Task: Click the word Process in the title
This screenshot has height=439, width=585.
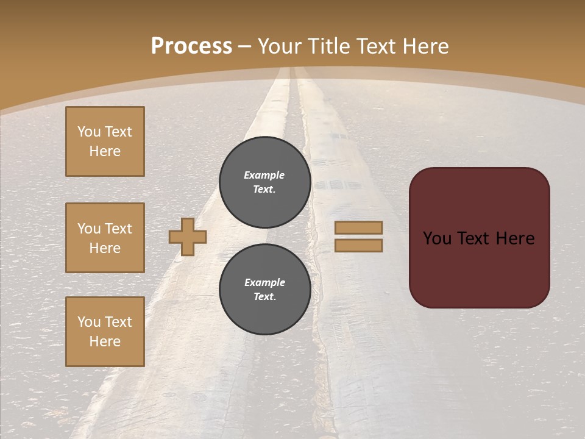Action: (191, 46)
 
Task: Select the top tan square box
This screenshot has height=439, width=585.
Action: (105, 141)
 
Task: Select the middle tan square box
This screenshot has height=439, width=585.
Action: (105, 238)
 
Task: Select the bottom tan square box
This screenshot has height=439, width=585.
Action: (105, 331)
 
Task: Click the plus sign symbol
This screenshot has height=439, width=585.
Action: (188, 237)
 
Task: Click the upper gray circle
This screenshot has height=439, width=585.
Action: (265, 182)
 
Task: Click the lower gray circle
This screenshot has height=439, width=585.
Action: (265, 289)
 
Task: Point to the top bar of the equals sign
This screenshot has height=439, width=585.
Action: (359, 228)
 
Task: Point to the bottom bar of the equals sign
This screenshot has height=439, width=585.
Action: (359, 246)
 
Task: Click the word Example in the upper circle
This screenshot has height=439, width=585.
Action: (264, 175)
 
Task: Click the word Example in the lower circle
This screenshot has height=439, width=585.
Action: (264, 282)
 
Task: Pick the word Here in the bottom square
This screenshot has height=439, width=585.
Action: (105, 341)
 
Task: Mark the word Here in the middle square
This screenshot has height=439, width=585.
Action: (105, 248)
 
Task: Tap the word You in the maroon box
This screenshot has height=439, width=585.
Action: (437, 238)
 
